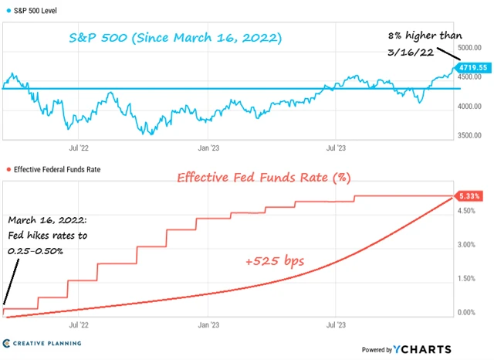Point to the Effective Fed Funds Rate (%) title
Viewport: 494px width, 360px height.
point(264,177)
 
